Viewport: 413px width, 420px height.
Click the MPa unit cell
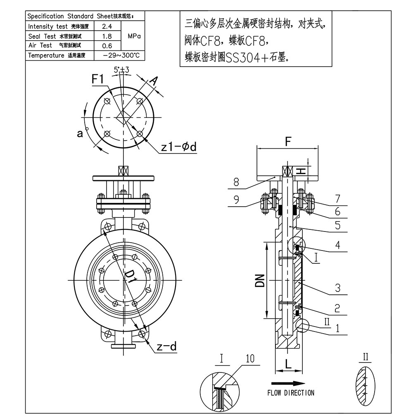[x=134, y=36]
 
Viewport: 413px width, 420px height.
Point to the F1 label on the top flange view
[x=98, y=79]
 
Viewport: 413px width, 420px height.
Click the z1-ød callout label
[x=178, y=147]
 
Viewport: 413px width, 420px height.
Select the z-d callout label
[x=166, y=346]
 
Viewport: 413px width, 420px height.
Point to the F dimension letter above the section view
[x=287, y=141]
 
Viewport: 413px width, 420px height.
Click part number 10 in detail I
[x=250, y=358]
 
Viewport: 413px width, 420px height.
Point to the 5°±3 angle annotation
[x=121, y=70]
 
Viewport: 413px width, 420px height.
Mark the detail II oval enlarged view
[x=365, y=386]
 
